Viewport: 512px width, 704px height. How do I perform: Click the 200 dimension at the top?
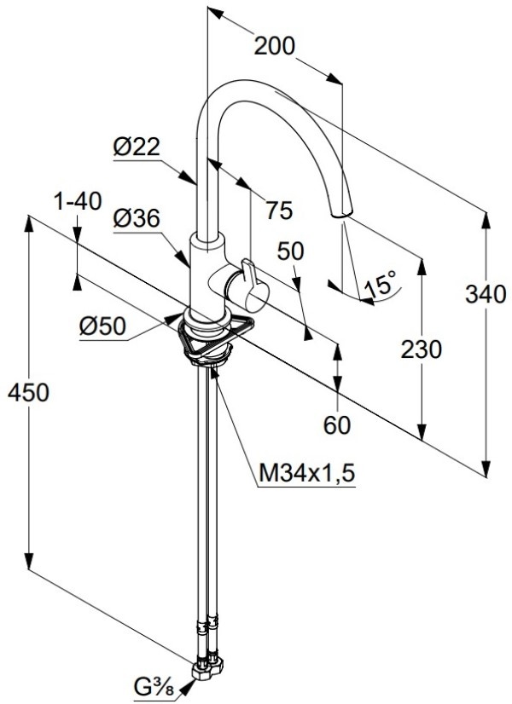tap(275, 47)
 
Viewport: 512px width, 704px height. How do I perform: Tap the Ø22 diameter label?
tap(137, 147)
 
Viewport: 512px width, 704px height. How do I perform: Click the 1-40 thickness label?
tap(77, 202)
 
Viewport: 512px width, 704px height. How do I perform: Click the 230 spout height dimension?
tap(422, 349)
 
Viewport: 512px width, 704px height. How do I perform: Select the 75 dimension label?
tap(279, 209)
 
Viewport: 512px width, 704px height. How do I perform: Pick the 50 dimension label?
tap(292, 251)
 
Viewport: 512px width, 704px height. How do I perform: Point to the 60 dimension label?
tap(338, 424)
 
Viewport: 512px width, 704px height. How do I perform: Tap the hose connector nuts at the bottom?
tap(207, 666)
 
